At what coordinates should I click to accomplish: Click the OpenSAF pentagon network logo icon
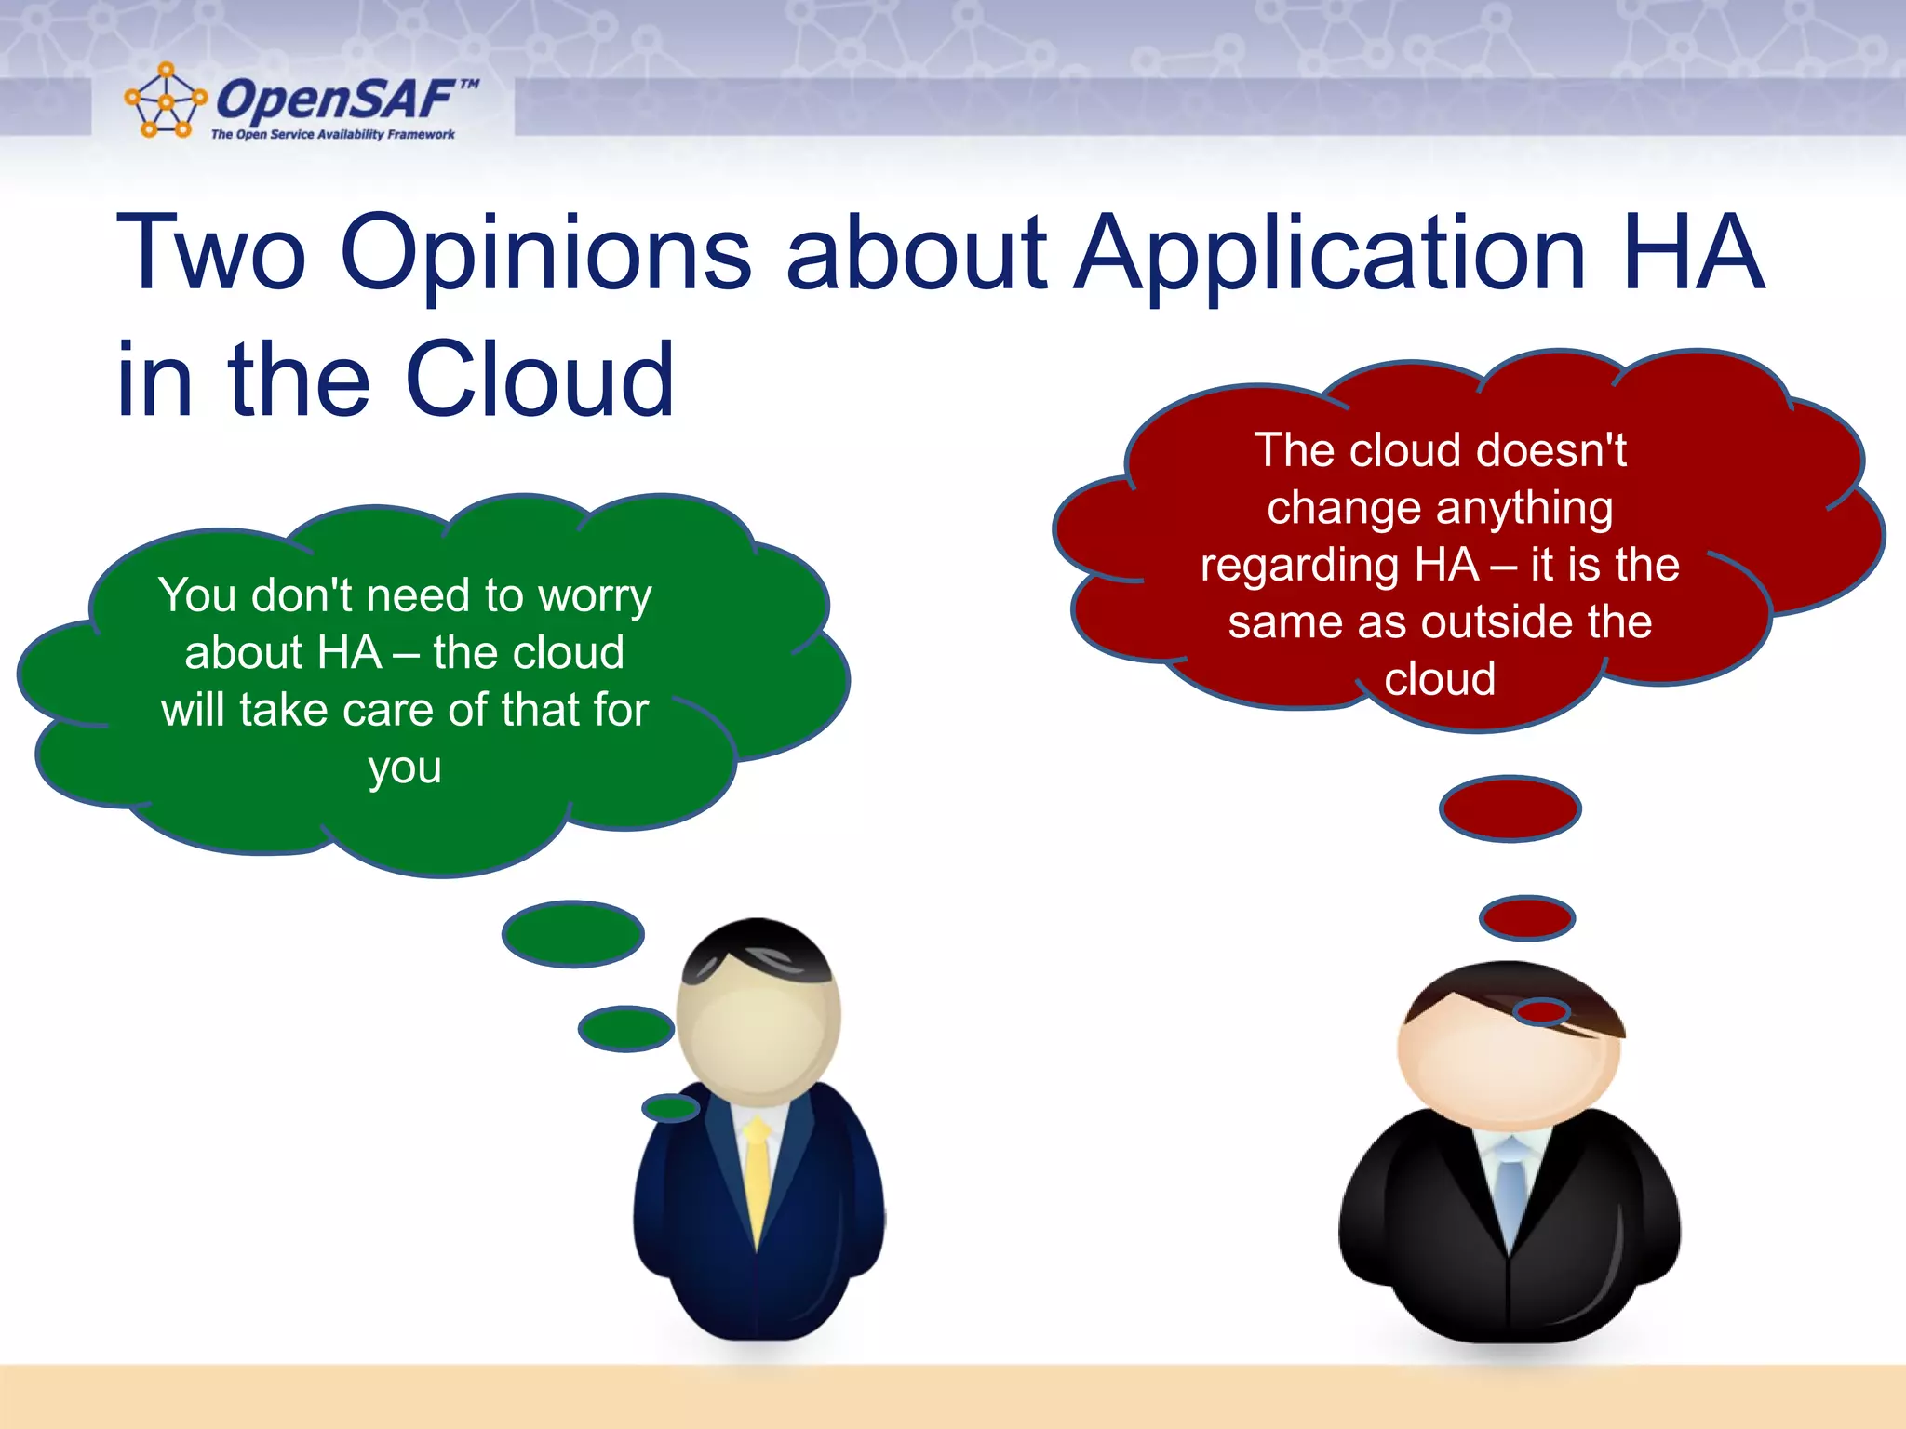tap(166, 100)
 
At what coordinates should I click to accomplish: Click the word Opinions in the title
tap(545, 253)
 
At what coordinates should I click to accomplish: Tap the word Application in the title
tap(1330, 253)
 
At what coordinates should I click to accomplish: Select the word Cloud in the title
tap(540, 380)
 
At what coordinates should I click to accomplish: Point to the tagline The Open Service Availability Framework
tap(332, 135)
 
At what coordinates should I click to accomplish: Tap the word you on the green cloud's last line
tap(404, 768)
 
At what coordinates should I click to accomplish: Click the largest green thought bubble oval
tap(572, 933)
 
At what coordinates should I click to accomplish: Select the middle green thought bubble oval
tap(625, 1028)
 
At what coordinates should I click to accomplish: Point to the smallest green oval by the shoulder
tap(670, 1107)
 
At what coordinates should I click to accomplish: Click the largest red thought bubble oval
tap(1510, 808)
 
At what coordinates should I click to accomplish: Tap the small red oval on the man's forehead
tap(1541, 1011)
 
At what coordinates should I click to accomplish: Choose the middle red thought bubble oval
tap(1526, 918)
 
